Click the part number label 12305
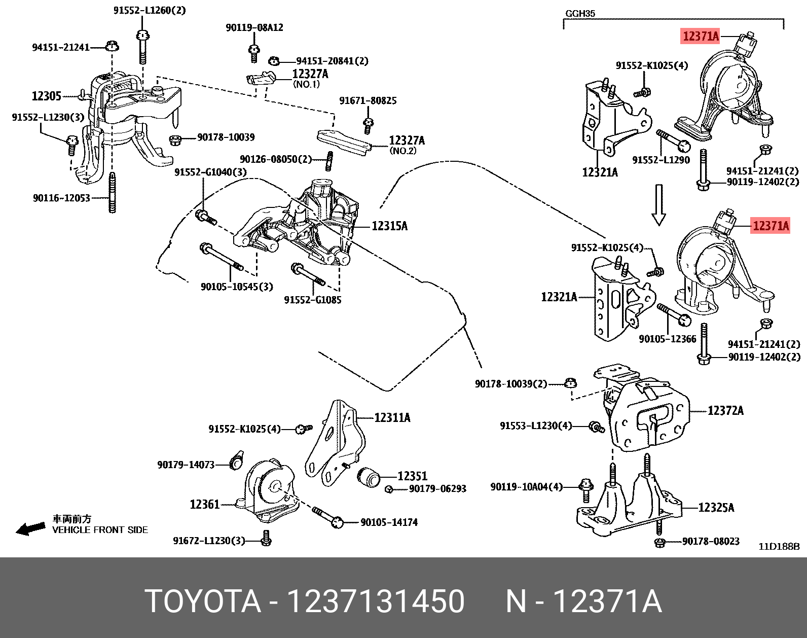pyautogui.click(x=46, y=96)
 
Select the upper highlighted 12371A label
pyautogui.click(x=701, y=36)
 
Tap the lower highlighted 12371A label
pyautogui.click(x=771, y=226)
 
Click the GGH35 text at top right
pyautogui.click(x=580, y=14)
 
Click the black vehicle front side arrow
pyautogui.click(x=30, y=529)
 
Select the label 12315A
pyautogui.click(x=389, y=226)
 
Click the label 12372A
pyautogui.click(x=725, y=411)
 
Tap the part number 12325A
pyautogui.click(x=716, y=508)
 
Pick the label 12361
pyautogui.click(x=204, y=505)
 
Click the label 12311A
pyautogui.click(x=392, y=418)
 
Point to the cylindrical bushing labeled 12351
pyautogui.click(x=369, y=477)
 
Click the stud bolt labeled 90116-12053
pyautogui.click(x=112, y=193)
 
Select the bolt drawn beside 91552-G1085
pyautogui.click(x=308, y=274)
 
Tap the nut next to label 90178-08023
pyautogui.click(x=659, y=543)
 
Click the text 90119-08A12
pyautogui.click(x=254, y=27)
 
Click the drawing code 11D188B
pyautogui.click(x=779, y=546)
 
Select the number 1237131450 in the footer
pyautogui.click(x=376, y=601)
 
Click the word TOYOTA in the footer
pyautogui.click(x=203, y=601)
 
